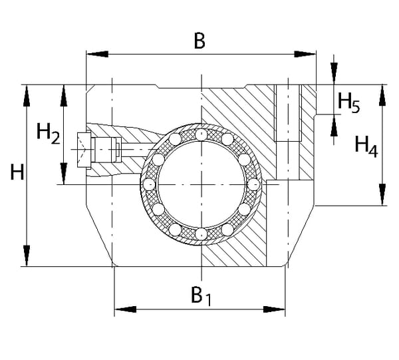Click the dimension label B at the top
199,41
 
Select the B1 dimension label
201,295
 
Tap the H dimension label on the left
17,174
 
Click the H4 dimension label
366,144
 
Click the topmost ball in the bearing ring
200,135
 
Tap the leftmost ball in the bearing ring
150,184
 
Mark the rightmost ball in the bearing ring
253,184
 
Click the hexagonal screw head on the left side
84,150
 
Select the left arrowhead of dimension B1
122,309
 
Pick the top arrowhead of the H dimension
27,93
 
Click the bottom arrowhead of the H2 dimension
64,176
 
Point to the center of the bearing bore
200,184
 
